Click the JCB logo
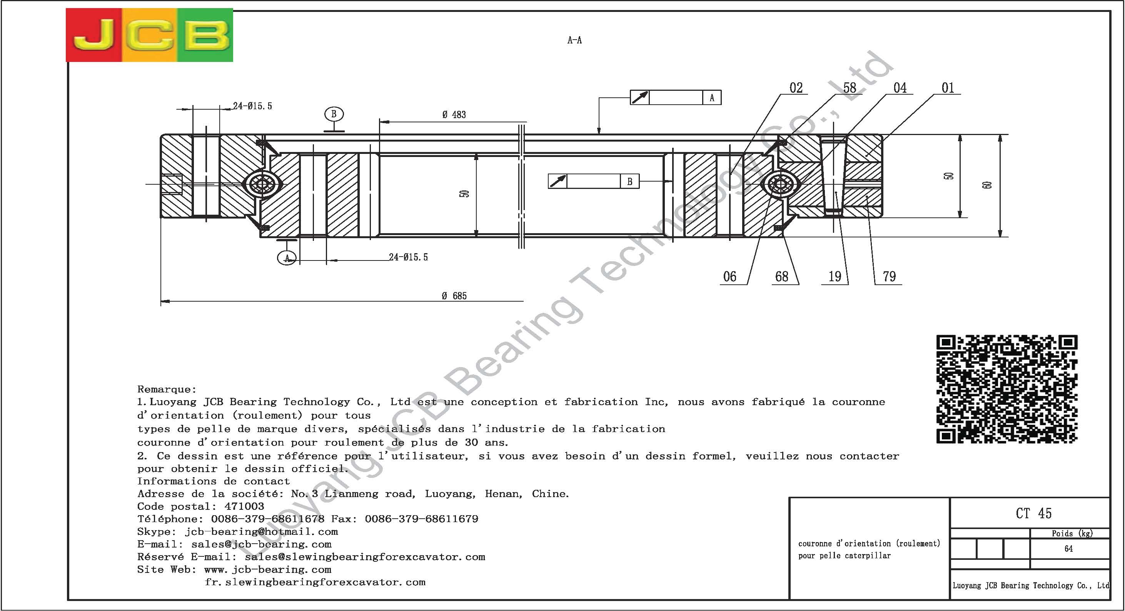click(x=149, y=35)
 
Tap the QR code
click(x=1006, y=389)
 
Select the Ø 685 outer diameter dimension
click(x=454, y=296)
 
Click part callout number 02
click(x=796, y=88)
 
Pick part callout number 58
click(x=850, y=88)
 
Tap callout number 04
click(x=900, y=88)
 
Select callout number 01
click(x=948, y=88)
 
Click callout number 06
click(x=730, y=277)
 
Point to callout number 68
click(x=782, y=277)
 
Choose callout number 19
click(x=835, y=277)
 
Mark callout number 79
click(x=889, y=277)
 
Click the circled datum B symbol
click(x=334, y=114)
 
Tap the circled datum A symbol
click(x=287, y=258)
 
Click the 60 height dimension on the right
click(x=988, y=185)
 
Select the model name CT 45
click(x=1034, y=514)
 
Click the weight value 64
click(x=1068, y=549)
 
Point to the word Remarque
click(x=166, y=389)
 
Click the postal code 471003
click(x=244, y=507)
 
